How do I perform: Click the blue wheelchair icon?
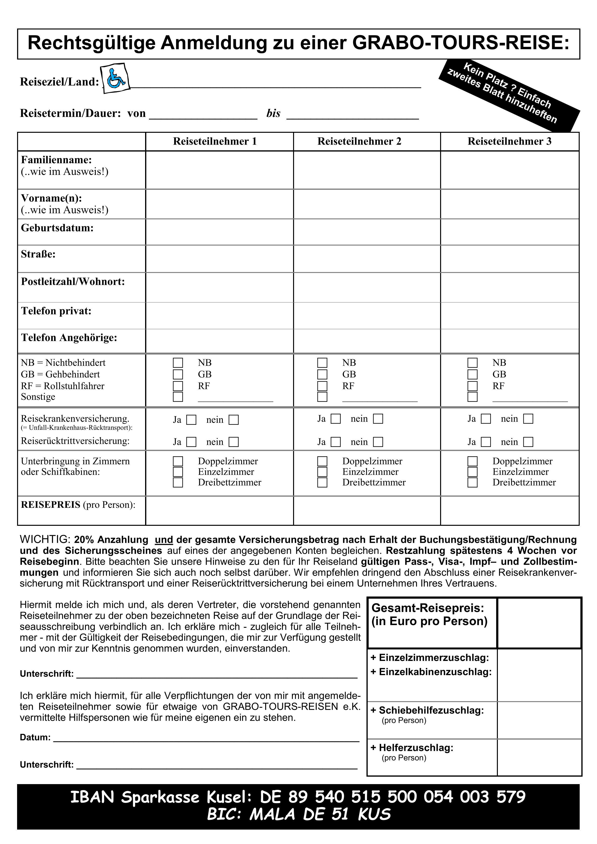[116, 78]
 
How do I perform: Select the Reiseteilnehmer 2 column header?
[359, 141]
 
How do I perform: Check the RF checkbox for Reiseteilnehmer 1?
[178, 386]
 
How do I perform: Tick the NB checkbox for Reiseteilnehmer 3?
[472, 363]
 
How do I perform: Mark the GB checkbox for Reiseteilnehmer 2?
[322, 374]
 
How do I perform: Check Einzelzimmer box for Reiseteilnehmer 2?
[322, 472]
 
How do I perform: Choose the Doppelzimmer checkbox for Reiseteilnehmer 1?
[178, 461]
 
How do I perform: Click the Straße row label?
[38, 254]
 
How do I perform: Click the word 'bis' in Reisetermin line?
[273, 113]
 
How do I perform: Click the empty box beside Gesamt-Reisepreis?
[539, 623]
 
